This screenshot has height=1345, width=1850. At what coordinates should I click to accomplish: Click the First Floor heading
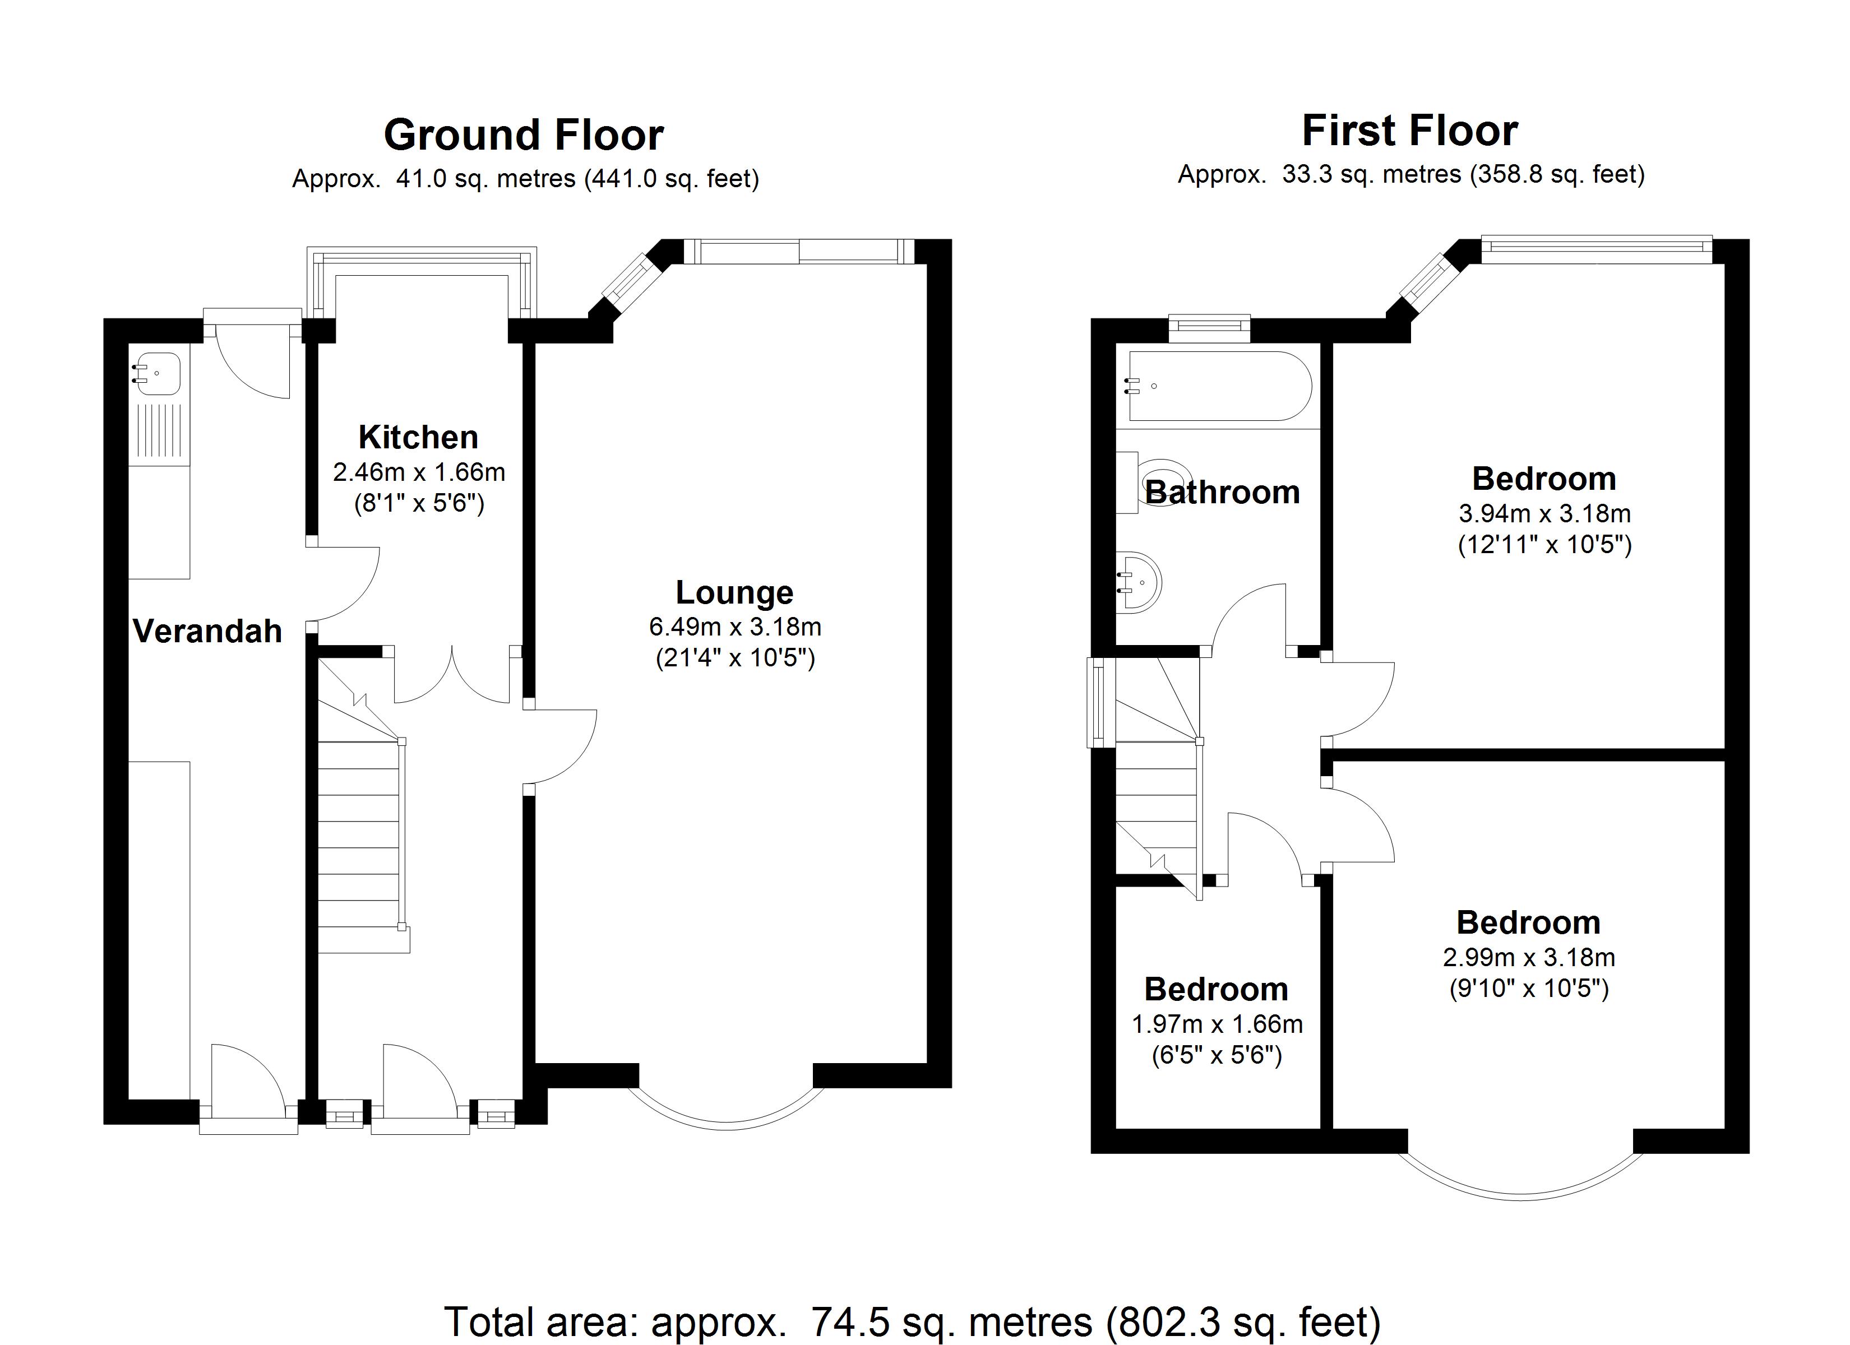pos(1409,131)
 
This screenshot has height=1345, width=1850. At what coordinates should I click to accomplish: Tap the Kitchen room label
pos(418,438)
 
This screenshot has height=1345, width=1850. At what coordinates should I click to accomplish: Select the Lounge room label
pos(734,593)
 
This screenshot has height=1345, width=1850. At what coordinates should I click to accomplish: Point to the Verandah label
pos(207,632)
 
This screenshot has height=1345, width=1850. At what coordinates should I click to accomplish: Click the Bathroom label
pos(1222,493)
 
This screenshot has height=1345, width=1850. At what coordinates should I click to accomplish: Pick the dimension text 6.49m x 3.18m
pos(734,627)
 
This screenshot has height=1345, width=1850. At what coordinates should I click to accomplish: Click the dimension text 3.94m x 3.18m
pos(1544,514)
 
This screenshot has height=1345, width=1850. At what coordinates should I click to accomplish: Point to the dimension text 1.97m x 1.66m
pos(1216,1024)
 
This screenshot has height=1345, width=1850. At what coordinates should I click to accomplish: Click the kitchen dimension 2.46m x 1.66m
pos(418,472)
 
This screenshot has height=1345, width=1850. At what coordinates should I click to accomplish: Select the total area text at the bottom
pos(911,1321)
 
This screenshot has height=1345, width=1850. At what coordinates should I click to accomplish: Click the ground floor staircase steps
pos(359,840)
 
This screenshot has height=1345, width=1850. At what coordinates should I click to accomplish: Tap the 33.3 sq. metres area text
pos(1370,174)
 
